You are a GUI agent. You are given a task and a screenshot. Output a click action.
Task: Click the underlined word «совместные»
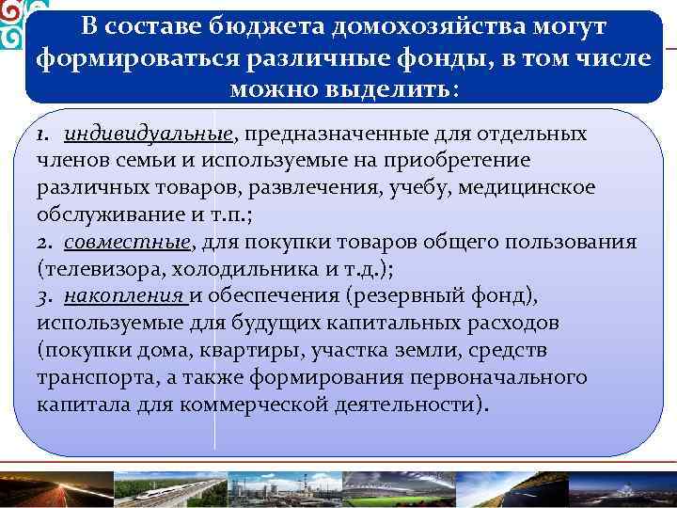[127, 243]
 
